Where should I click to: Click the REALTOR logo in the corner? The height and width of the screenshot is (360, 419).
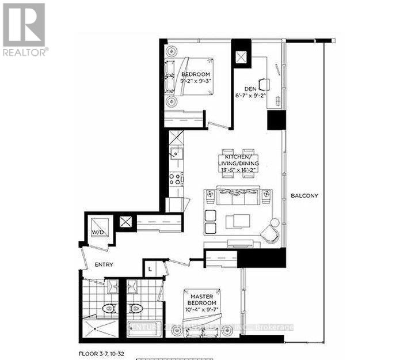click(x=24, y=29)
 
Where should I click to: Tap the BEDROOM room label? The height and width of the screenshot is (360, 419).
click(x=196, y=75)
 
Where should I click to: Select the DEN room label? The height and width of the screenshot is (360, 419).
click(x=250, y=89)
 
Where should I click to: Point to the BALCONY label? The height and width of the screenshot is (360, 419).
click(x=304, y=196)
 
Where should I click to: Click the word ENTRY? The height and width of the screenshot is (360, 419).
click(x=104, y=265)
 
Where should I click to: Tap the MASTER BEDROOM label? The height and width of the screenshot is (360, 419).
click(x=201, y=300)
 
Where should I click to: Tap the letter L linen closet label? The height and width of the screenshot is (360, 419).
click(x=149, y=268)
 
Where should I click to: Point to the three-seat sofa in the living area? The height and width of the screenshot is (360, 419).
click(x=234, y=196)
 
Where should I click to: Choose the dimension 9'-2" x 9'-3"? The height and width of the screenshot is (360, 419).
click(x=196, y=82)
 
